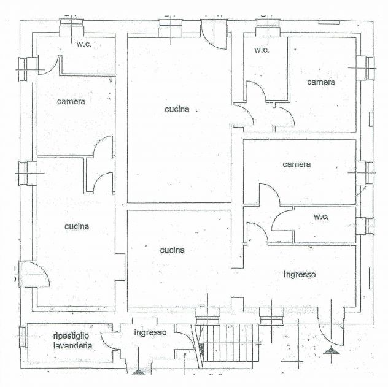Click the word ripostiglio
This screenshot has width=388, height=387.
click(x=71, y=336)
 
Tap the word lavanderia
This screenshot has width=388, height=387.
click(x=72, y=345)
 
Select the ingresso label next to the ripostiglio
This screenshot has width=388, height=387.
click(x=150, y=332)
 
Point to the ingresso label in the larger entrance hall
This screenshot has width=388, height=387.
click(x=300, y=275)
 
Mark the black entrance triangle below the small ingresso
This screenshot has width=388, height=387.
click(x=138, y=372)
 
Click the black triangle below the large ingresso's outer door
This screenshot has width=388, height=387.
click(x=332, y=351)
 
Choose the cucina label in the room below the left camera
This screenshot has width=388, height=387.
click(x=77, y=226)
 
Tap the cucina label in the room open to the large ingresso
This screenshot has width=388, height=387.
click(x=173, y=250)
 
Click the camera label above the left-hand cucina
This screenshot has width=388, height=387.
click(x=71, y=102)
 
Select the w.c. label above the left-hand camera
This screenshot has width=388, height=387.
click(x=84, y=44)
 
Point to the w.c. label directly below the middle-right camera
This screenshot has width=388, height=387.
click(x=321, y=216)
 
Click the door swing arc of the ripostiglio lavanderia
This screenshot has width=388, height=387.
click(x=105, y=341)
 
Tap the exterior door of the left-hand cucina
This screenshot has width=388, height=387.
click(x=34, y=274)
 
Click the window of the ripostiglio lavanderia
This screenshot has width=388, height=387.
click(x=23, y=337)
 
